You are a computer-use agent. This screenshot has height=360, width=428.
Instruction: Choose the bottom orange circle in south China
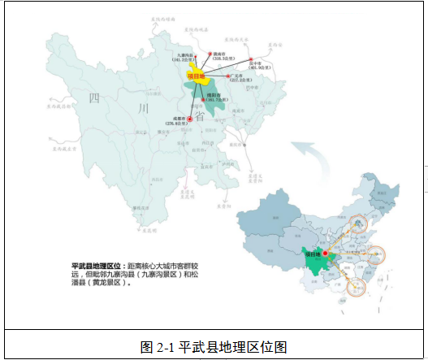[x=359, y=286]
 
